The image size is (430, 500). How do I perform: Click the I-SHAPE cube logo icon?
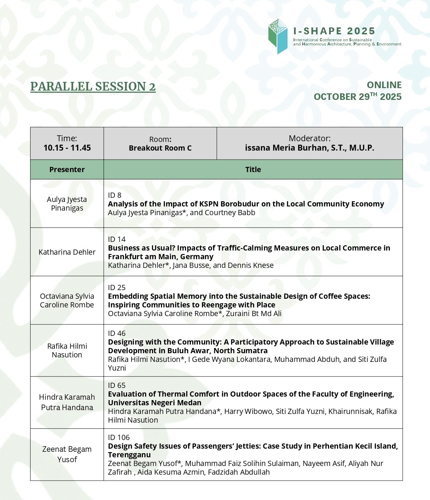(x=278, y=36)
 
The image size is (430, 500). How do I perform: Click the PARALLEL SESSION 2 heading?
(x=93, y=86)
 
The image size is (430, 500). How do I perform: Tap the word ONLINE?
(x=384, y=85)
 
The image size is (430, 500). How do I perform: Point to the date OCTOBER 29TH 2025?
(x=357, y=97)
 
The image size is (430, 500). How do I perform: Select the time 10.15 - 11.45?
(x=67, y=148)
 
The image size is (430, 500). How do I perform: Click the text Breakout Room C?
(x=160, y=148)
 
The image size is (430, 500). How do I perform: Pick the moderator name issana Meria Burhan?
(x=309, y=148)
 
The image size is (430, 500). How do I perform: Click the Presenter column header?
(x=67, y=170)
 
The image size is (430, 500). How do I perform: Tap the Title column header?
(x=253, y=170)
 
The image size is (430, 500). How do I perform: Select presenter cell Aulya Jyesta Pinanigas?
(x=67, y=204)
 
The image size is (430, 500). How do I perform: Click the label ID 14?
(x=117, y=239)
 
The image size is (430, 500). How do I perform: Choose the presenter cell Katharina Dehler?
(x=67, y=252)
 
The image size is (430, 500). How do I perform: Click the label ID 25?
(x=117, y=288)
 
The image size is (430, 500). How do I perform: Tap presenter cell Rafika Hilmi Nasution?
(x=67, y=350)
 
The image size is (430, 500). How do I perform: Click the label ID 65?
(x=117, y=385)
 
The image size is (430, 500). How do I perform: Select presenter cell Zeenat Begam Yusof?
(x=67, y=454)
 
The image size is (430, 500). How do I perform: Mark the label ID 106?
(x=119, y=438)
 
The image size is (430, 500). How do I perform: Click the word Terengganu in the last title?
(x=129, y=455)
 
